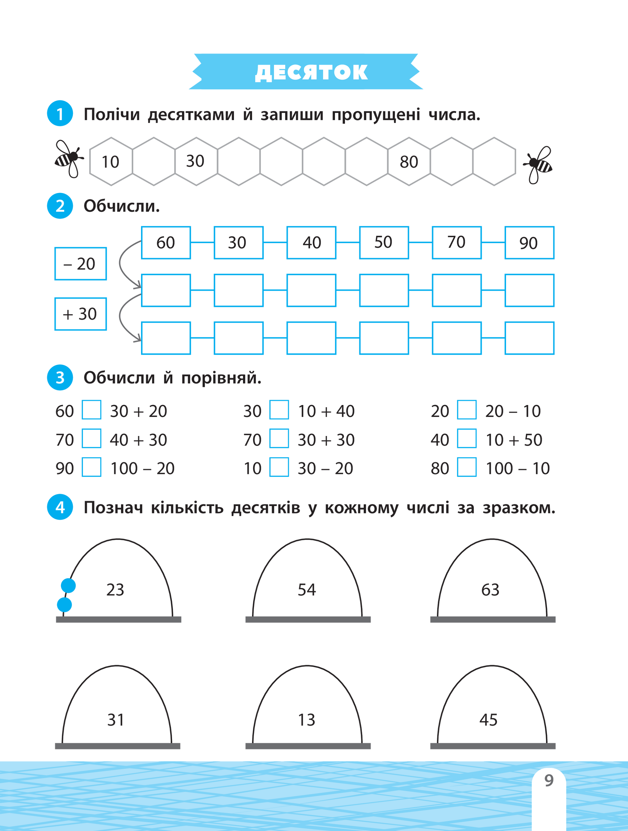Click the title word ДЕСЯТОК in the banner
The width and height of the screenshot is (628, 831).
[x=311, y=72]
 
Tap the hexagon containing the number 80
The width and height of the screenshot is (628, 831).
[x=409, y=162]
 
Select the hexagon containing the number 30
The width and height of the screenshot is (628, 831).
[x=195, y=162]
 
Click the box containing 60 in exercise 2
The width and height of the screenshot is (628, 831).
[x=166, y=243]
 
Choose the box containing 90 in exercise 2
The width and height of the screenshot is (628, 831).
[x=529, y=243]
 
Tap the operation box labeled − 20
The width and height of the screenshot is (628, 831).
[x=81, y=264]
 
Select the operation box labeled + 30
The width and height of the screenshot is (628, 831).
[x=81, y=314]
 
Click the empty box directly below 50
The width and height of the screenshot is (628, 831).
[x=384, y=290]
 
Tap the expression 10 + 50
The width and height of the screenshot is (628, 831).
[x=514, y=440]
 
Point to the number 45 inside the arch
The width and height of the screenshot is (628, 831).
[x=488, y=720]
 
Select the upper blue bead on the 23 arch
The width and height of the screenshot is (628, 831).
[x=68, y=585]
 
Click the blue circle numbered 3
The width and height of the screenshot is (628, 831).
[x=60, y=378]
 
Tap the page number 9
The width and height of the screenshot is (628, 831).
[x=549, y=781]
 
